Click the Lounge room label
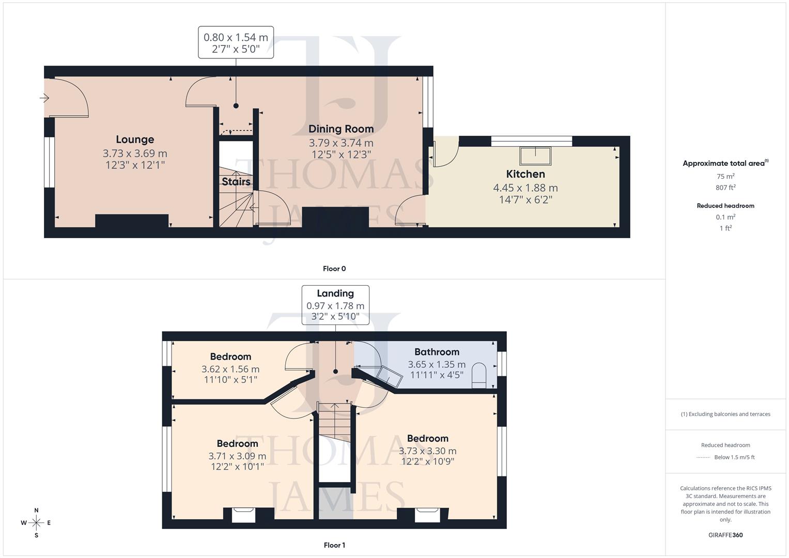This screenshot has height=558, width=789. click(135, 139)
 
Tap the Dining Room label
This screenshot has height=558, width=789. click(341, 129)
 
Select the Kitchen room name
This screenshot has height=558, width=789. click(525, 174)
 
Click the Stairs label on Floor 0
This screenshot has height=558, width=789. click(236, 182)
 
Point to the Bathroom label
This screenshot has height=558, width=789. click(437, 352)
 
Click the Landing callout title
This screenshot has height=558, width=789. click(335, 293)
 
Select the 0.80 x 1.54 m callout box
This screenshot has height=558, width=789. click(236, 43)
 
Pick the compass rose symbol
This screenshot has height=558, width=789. click(36, 523)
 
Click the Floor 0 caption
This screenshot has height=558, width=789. click(334, 269)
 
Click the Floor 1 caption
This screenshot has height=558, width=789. click(334, 545)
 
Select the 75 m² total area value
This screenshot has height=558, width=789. click(725, 176)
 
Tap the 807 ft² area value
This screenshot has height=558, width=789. click(725, 188)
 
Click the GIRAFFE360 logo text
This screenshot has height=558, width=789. click(725, 535)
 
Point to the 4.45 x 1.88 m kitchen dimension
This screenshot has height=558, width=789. click(525, 188)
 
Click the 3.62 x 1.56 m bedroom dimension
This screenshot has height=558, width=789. click(230, 369)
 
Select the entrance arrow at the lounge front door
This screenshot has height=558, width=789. click(44, 97)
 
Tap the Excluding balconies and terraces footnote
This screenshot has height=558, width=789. click(725, 414)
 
